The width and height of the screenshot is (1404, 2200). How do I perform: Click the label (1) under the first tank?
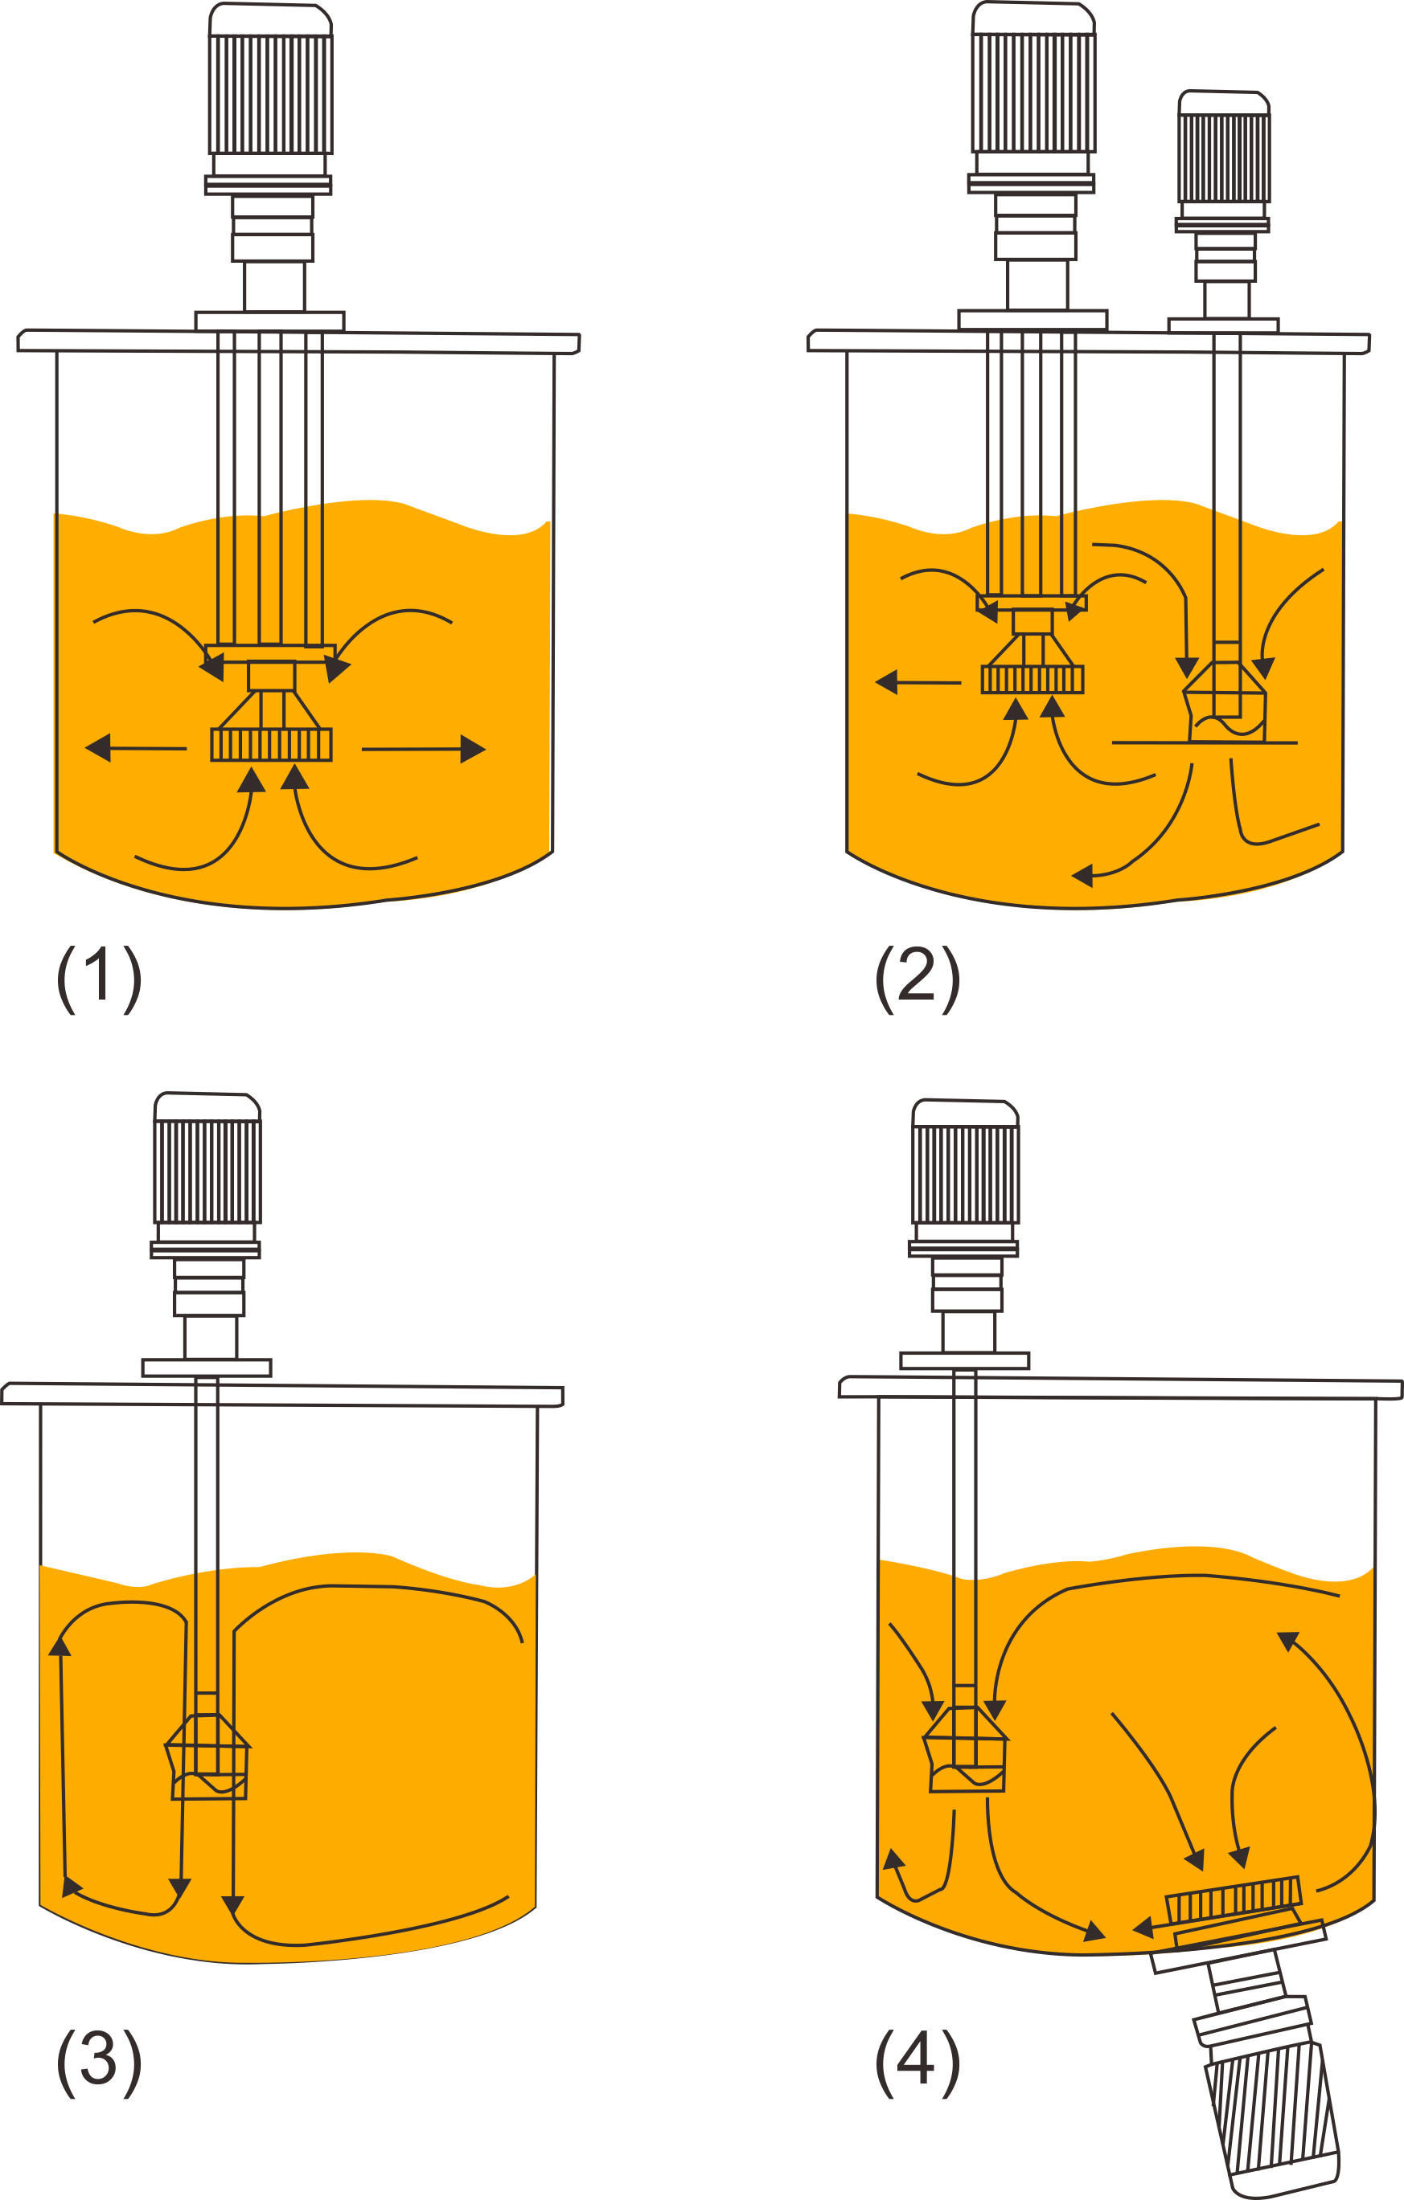(x=99, y=979)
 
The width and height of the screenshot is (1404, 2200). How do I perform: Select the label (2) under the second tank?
(x=917, y=979)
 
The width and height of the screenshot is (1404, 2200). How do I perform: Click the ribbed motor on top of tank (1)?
(x=270, y=93)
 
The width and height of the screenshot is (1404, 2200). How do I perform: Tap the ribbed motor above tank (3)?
(x=207, y=1172)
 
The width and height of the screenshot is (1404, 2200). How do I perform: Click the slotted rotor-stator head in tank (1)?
(x=272, y=745)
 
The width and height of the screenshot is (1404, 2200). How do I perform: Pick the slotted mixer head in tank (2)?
(x=1032, y=680)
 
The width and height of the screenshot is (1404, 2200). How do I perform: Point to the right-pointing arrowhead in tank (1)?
(x=472, y=749)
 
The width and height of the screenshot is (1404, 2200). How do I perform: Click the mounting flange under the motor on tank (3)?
(x=207, y=1368)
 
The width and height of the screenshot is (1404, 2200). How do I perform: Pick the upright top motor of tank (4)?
(x=965, y=1175)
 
